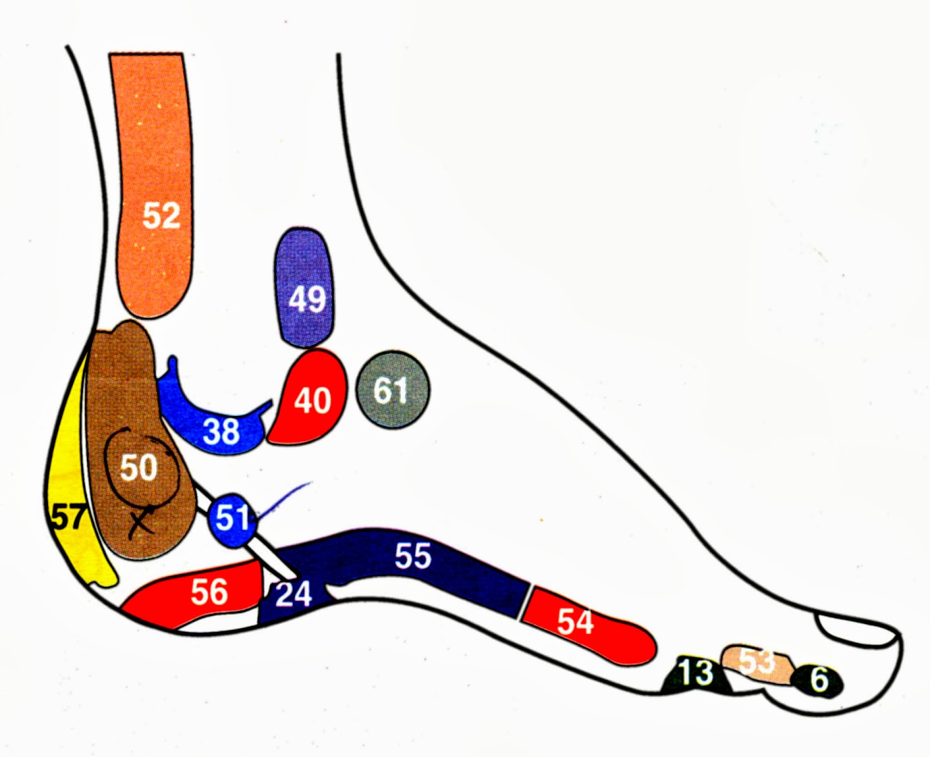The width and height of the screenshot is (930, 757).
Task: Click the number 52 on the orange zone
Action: [161, 216]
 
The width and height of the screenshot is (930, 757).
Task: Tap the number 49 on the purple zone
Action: [307, 299]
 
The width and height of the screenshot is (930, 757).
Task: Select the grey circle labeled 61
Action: [392, 390]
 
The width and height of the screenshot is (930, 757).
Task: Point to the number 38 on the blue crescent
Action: [221, 431]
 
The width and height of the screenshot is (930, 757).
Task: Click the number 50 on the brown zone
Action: [138, 467]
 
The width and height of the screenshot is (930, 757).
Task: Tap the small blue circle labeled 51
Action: [233, 517]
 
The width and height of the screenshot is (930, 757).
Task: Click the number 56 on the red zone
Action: [209, 592]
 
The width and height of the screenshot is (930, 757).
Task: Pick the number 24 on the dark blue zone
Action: [294, 594]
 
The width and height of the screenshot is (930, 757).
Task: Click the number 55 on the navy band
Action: [413, 555]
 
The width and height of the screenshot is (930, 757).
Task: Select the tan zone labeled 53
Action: [756, 663]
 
